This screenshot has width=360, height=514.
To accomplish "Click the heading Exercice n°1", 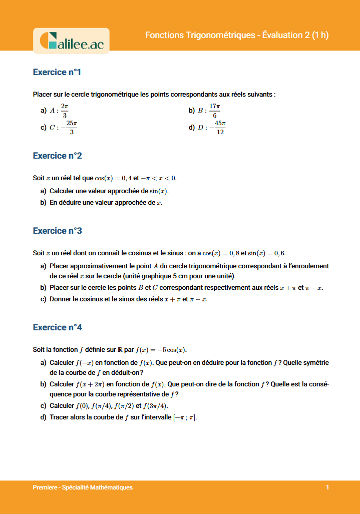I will [x=57, y=72].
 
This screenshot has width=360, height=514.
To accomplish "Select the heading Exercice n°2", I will [x=57, y=156].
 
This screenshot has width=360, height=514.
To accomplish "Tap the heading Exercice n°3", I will [x=57, y=231].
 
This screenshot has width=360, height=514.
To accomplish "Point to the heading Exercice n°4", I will [x=57, y=327].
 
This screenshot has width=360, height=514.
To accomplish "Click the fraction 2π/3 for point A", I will [x=65, y=110].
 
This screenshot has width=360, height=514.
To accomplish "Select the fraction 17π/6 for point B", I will [x=215, y=110].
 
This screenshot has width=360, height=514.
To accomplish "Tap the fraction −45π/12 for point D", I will [x=218, y=128].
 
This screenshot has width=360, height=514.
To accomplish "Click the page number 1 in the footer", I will [x=327, y=487].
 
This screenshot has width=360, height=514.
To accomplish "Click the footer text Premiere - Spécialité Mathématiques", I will [x=83, y=487].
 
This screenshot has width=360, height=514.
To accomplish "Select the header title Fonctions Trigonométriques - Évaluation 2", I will [x=237, y=35].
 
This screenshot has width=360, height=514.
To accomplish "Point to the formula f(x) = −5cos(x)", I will [x=164, y=349].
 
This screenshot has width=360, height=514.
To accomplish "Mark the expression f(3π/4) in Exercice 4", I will [x=155, y=406].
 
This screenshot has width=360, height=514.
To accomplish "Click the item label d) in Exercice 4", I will [x=43, y=417].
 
